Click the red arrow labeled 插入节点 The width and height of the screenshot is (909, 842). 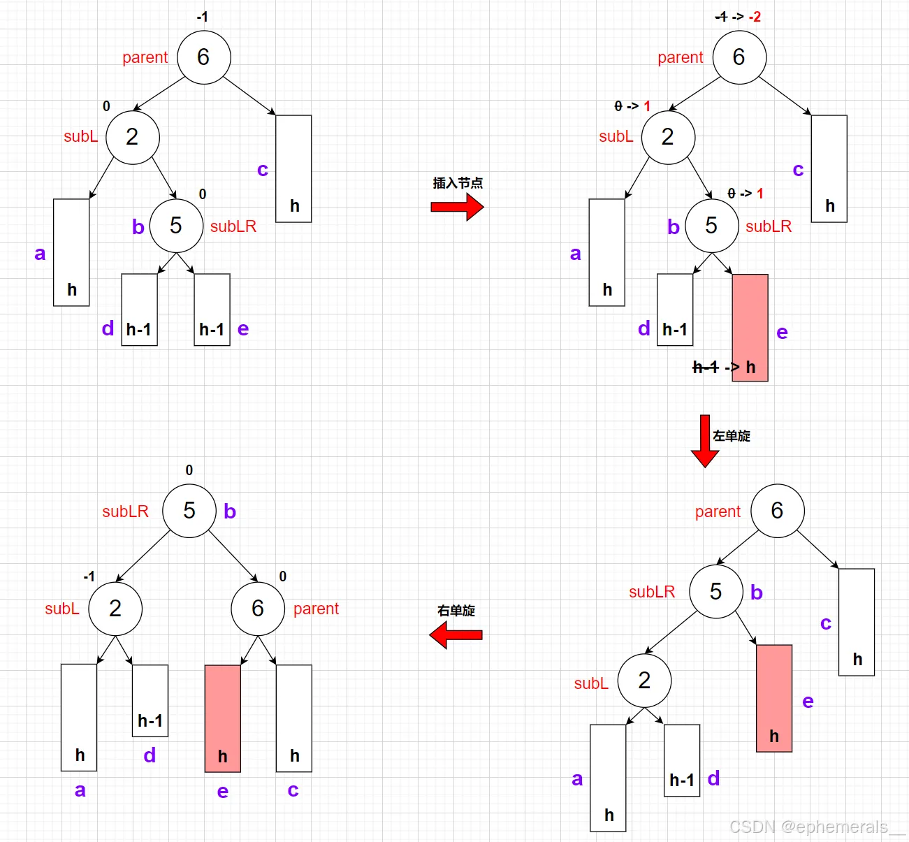click(457, 207)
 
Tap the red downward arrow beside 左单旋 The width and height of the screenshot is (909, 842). click(705, 441)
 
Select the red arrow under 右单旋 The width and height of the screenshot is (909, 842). click(456, 635)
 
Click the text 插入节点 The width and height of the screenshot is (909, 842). click(458, 183)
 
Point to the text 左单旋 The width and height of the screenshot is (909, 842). click(732, 436)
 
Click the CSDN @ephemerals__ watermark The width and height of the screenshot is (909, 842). click(817, 827)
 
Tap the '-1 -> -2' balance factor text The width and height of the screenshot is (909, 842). click(738, 17)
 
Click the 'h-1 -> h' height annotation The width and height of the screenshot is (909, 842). click(724, 368)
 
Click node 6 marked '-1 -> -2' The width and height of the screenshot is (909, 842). click(739, 57)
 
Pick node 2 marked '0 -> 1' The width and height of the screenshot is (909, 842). click(668, 137)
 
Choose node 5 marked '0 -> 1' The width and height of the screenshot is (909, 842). click(711, 225)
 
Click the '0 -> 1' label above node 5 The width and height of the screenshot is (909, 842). click(745, 194)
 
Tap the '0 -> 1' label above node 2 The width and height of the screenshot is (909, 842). click(632, 106)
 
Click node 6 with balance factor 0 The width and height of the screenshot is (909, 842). click(258, 609)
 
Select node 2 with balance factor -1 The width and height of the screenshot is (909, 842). click(115, 609)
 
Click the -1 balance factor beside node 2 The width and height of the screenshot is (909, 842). click(89, 577)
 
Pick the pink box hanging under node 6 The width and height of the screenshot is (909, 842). click(222, 718)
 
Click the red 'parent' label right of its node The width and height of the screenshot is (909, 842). click(316, 609)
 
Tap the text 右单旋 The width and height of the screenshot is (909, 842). click(456, 611)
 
